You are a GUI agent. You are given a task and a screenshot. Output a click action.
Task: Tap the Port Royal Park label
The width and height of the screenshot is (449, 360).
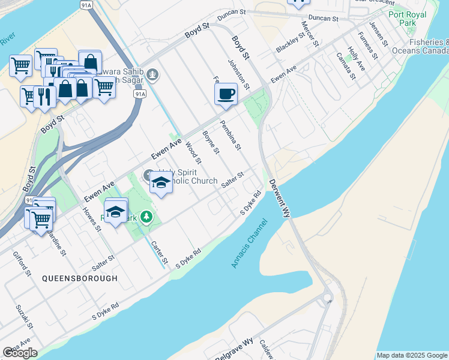pyautogui.click(x=408, y=19)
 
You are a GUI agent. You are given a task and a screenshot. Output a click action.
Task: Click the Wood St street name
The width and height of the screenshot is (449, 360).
pyautogui.click(x=193, y=152)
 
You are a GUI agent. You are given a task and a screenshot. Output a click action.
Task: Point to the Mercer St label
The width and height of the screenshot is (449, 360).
pyautogui.click(x=310, y=34)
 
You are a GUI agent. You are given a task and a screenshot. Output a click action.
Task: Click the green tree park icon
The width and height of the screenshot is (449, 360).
pyautogui.click(x=146, y=217)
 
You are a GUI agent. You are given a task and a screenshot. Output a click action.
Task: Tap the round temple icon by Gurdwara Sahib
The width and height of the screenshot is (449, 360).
pyautogui.click(x=153, y=75)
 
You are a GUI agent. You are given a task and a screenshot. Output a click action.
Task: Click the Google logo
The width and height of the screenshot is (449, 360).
pyautogui.click(x=20, y=353)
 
